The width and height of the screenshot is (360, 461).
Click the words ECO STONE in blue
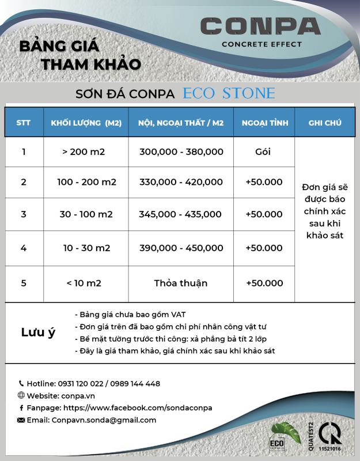point(229,93)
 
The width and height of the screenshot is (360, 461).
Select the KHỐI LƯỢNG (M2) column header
point(86,123)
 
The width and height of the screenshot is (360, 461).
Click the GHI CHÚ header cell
point(325,123)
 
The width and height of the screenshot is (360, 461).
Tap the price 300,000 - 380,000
point(181,152)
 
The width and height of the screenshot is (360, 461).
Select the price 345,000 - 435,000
point(180,214)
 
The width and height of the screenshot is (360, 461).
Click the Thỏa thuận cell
point(180,283)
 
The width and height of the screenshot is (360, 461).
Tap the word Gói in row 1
point(263,152)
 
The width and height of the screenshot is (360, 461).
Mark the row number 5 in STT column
point(24,283)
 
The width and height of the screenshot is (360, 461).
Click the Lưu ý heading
point(38,332)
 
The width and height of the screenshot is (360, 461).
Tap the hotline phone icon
point(21,383)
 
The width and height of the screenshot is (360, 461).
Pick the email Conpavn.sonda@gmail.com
point(104,420)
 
